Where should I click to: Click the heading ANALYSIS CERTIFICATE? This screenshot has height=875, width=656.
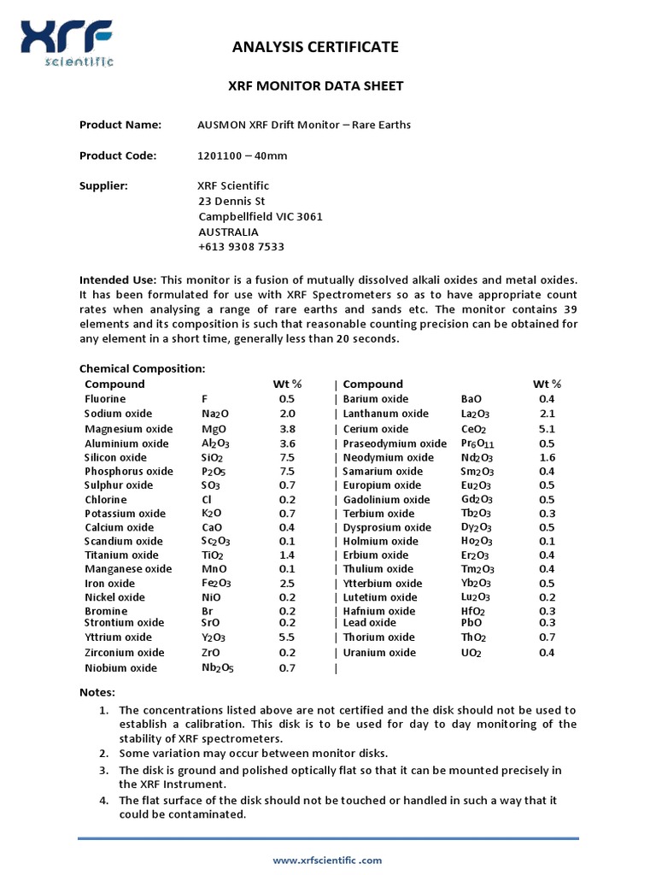click(315, 47)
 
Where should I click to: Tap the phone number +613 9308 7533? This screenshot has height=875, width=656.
click(241, 247)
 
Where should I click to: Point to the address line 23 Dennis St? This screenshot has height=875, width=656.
click(231, 202)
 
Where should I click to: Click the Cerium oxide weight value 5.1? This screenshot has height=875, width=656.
click(547, 429)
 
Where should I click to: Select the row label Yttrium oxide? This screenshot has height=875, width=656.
click(118, 637)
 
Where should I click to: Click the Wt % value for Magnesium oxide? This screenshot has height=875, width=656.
click(287, 429)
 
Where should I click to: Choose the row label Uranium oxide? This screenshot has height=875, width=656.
click(379, 653)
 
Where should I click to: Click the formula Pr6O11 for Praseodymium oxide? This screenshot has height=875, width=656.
click(477, 444)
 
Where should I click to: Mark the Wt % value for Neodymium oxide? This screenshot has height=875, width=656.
click(547, 458)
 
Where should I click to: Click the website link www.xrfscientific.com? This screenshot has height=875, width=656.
click(327, 860)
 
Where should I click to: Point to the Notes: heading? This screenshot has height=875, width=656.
click(97, 692)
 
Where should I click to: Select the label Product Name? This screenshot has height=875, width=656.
click(120, 125)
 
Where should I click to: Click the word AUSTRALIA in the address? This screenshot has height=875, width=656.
click(228, 232)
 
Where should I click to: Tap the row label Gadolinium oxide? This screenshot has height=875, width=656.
click(386, 500)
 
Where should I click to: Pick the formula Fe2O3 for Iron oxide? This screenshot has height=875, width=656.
click(215, 584)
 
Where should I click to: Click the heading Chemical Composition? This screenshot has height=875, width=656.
click(142, 368)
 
